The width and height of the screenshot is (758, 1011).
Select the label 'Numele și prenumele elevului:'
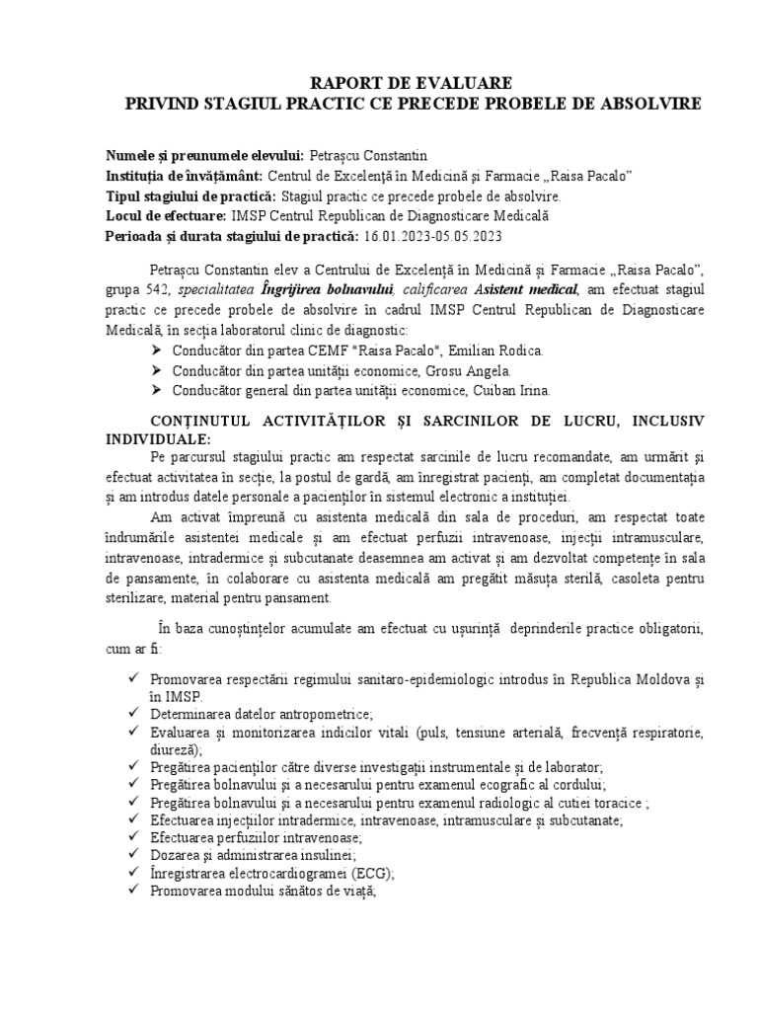click(x=205, y=156)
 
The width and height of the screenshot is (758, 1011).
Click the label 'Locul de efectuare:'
click(x=165, y=215)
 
